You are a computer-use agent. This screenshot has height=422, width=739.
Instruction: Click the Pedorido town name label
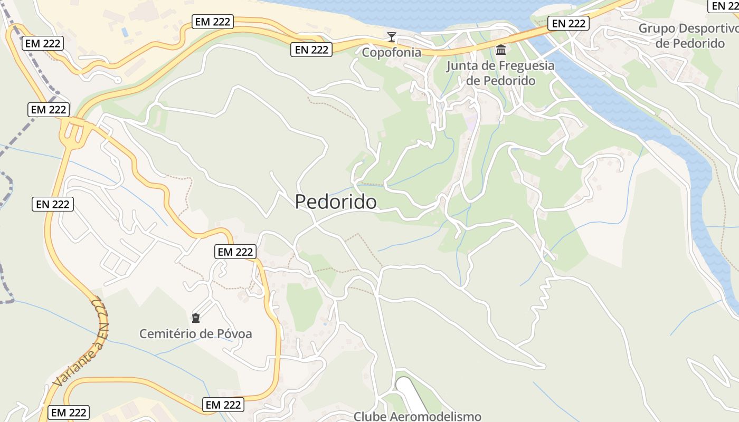336,202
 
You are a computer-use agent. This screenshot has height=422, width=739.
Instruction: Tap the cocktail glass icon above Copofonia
391,37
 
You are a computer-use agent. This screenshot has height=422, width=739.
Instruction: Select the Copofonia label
391,52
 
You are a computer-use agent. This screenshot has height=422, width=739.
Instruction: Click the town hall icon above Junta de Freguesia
500,50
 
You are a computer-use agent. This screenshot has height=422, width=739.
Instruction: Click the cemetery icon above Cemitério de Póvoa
196,318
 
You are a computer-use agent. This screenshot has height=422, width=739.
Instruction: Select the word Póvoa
234,334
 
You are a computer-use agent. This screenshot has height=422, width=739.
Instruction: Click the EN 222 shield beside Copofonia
311,50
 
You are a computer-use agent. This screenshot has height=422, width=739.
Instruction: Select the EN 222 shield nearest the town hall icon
568,23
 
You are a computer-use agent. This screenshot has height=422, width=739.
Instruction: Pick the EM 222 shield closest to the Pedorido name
235,252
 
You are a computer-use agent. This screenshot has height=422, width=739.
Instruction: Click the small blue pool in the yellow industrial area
125,32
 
